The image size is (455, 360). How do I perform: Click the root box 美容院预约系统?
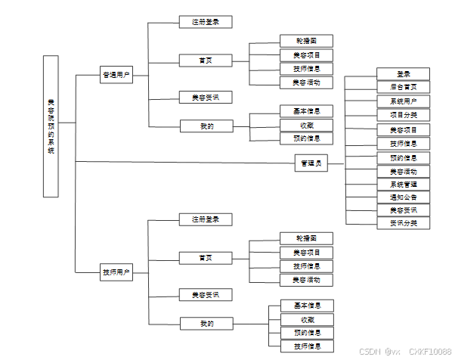point(51,126)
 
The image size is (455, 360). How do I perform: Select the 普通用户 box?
point(116,75)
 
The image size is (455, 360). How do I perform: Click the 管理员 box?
point(311,163)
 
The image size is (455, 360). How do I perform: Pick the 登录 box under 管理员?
point(403,74)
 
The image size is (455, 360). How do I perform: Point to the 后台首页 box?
point(403,87)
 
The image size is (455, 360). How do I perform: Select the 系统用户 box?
point(403,101)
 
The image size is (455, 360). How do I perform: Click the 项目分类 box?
point(403,115)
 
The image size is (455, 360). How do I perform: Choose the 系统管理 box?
point(403,185)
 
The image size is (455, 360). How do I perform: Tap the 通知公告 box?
point(403,197)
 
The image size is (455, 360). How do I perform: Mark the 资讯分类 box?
point(403,223)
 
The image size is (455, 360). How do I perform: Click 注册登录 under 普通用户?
point(205,22)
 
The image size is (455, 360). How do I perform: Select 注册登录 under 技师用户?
point(205,219)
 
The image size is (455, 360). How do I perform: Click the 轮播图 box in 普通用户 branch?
point(306,41)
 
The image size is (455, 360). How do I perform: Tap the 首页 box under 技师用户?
point(205,258)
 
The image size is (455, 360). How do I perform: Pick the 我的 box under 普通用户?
point(205,126)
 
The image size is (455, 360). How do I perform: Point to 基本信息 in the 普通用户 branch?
point(306,111)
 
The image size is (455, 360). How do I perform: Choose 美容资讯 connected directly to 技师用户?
point(205,294)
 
